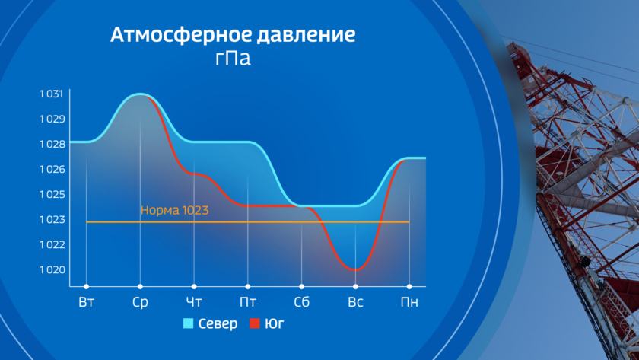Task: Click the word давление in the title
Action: [x=300, y=35]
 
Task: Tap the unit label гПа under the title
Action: [x=233, y=58]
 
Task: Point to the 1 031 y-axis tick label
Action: [x=52, y=94]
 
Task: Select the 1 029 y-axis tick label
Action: [x=52, y=119]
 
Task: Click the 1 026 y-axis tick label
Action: [x=52, y=169]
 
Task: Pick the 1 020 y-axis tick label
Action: [x=52, y=270]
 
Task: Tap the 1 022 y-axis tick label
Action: [x=52, y=244]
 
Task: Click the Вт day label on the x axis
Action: [x=87, y=302]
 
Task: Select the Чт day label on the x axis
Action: [x=194, y=302]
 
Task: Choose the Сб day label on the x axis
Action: [x=301, y=302]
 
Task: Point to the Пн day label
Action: [x=409, y=302]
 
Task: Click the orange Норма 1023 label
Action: [x=174, y=210]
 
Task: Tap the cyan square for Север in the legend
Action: [x=189, y=323]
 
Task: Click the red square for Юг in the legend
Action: [x=255, y=323]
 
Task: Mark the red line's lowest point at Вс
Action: [x=355, y=269]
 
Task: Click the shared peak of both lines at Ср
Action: [x=140, y=94]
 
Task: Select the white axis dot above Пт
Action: [x=248, y=287]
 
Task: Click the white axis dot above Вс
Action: [x=355, y=287]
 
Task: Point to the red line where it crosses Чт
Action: [x=194, y=174]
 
